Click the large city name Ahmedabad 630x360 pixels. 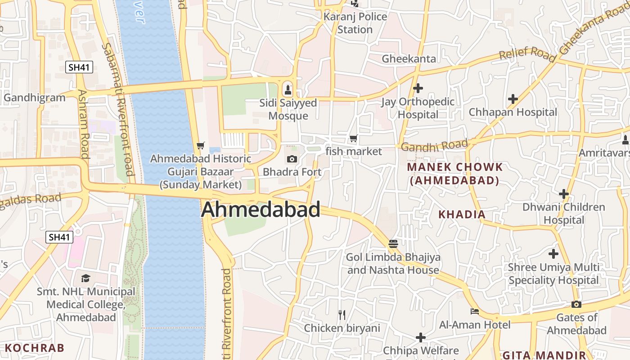[x=261, y=210]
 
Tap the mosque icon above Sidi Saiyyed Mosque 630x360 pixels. [x=288, y=90]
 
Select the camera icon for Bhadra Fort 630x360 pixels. [x=292, y=159]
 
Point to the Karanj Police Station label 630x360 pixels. [x=355, y=23]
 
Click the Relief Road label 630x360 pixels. [x=527, y=54]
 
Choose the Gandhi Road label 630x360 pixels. [x=434, y=145]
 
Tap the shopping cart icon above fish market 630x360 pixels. [x=354, y=139]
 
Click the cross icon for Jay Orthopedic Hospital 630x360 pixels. [x=418, y=88]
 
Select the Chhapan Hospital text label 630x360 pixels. [x=513, y=112]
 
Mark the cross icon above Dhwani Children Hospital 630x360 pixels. [x=563, y=194]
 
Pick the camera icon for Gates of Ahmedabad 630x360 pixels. [x=576, y=305]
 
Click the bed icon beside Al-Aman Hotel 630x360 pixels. [x=475, y=311]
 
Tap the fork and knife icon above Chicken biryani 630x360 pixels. [x=342, y=315]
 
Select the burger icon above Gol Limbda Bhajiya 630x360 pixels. [x=393, y=244]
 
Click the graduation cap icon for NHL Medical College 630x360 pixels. [x=85, y=278]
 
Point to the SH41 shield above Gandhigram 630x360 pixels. [x=79, y=67]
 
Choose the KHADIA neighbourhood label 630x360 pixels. [x=462, y=214]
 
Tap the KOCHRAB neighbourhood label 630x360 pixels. [x=35, y=347]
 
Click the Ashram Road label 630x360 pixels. [x=83, y=124]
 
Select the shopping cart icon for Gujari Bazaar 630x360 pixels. [x=201, y=145]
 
